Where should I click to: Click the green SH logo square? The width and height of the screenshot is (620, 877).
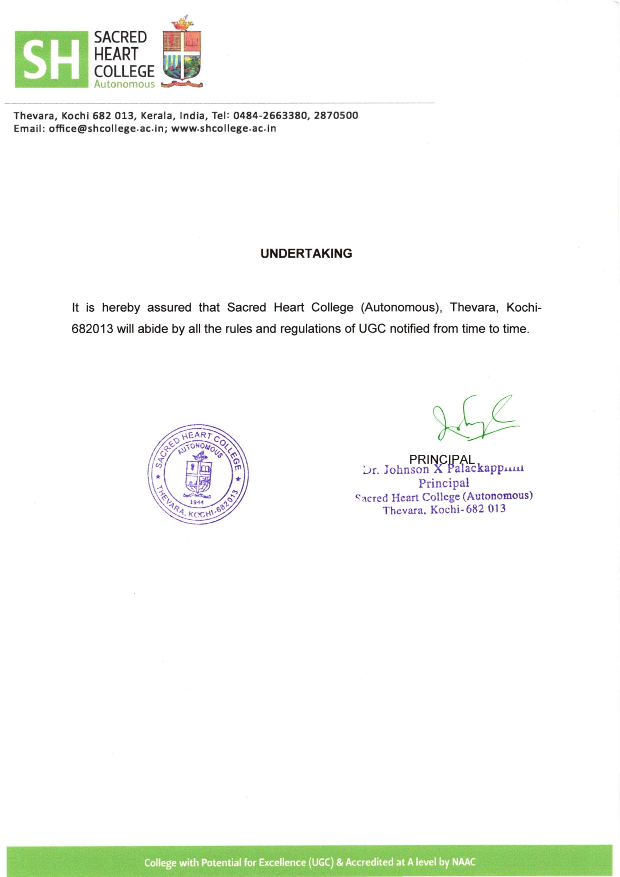click(51, 59)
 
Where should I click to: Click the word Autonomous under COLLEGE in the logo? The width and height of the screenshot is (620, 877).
click(124, 85)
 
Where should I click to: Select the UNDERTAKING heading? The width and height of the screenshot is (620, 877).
click(306, 254)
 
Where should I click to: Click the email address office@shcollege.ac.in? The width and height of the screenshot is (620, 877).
click(106, 129)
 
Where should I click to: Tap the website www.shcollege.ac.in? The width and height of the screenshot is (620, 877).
click(223, 129)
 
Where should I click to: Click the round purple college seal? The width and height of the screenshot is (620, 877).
click(198, 474)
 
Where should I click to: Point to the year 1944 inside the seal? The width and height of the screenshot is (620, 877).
click(197, 502)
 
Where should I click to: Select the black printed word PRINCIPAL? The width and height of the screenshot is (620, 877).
click(441, 459)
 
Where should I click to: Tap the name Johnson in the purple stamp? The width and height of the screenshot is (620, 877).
click(406, 470)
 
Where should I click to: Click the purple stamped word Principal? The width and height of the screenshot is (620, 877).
click(444, 483)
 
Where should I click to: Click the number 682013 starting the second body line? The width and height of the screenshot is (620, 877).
click(92, 329)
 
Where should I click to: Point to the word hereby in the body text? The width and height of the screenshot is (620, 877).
click(120, 307)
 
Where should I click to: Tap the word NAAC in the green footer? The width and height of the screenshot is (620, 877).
click(463, 862)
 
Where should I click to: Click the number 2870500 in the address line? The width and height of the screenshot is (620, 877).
click(336, 116)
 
